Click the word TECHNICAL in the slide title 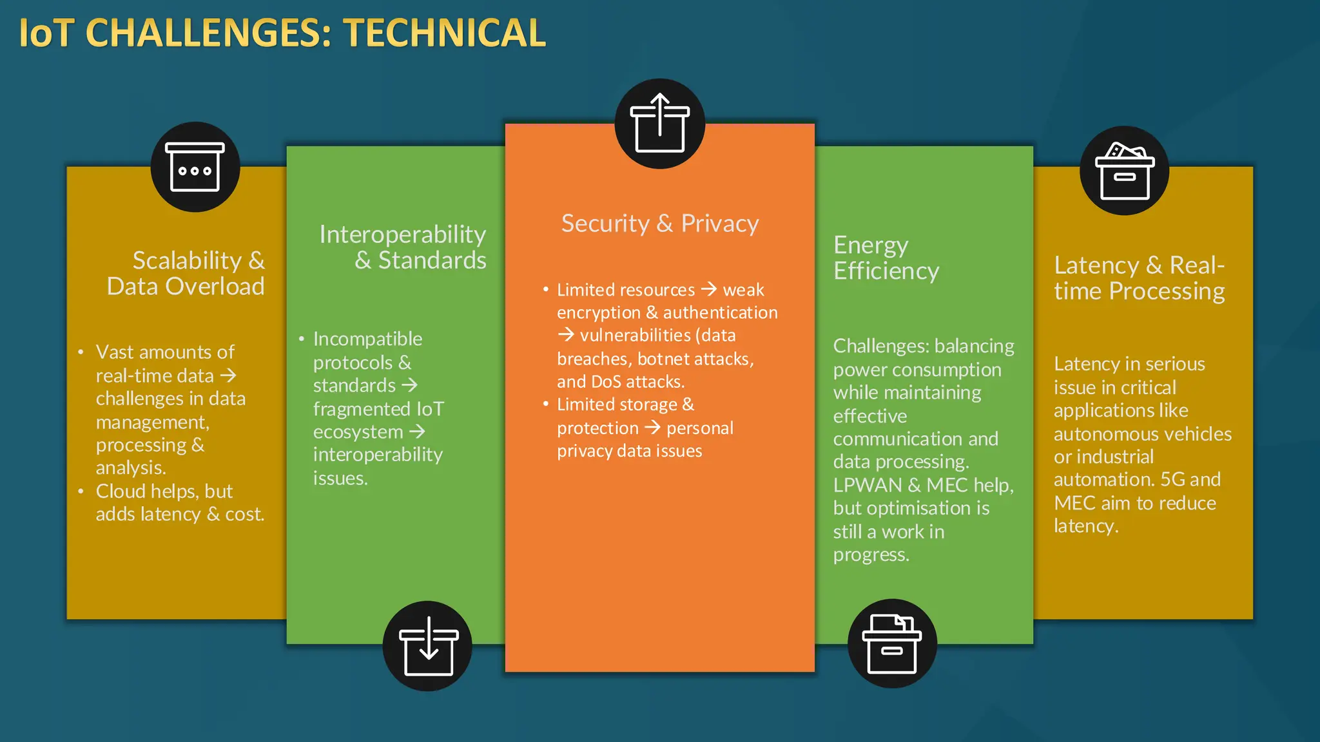(x=445, y=33)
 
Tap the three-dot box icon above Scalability (x=195, y=167)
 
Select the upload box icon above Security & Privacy (x=659, y=124)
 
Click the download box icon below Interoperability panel (x=428, y=646)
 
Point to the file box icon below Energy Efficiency (x=892, y=644)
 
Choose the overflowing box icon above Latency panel (x=1125, y=171)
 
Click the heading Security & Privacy (x=660, y=224)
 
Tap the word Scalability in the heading (x=187, y=260)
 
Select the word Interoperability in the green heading (x=402, y=234)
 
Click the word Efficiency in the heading (x=886, y=271)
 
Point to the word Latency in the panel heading (x=1096, y=265)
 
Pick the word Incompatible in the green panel (x=367, y=339)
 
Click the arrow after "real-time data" (x=228, y=376)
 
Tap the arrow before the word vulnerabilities (x=566, y=335)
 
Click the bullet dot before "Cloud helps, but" (x=81, y=491)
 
